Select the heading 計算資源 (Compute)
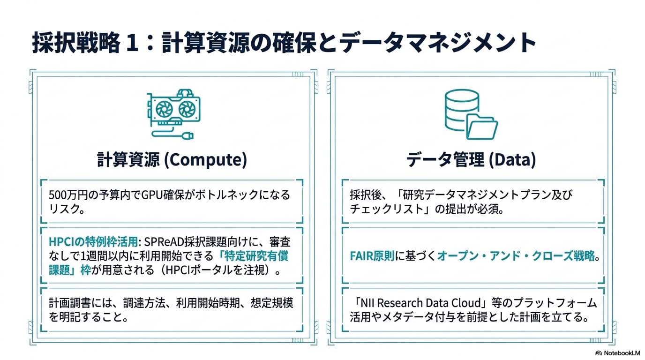click(172, 160)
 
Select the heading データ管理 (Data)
click(471, 160)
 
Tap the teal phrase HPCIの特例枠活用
click(94, 242)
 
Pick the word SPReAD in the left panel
click(164, 242)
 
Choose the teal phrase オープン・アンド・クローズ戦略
click(516, 256)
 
